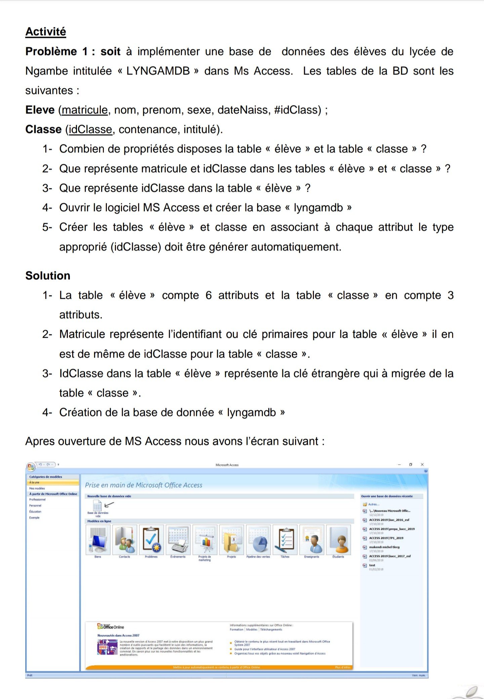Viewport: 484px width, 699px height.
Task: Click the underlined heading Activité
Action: point(46,32)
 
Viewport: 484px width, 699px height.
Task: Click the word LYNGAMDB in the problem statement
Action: point(158,71)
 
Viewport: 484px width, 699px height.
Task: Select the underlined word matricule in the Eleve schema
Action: point(85,110)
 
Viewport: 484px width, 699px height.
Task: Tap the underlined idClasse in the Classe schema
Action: point(90,129)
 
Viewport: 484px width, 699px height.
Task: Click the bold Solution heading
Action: point(48,275)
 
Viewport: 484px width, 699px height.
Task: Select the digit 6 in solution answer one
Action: point(208,295)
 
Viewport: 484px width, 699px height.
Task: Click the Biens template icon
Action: point(98,540)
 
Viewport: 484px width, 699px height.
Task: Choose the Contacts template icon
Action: point(124,540)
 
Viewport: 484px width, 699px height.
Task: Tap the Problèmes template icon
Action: point(151,540)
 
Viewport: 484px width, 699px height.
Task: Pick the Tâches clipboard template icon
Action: point(285,540)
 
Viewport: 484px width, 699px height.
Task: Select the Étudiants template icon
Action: point(338,540)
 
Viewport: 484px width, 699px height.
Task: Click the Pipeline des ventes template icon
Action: point(258,540)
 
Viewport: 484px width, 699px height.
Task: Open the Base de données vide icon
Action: point(97,505)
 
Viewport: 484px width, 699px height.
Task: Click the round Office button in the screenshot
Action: point(31,466)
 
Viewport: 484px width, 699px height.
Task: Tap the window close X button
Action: point(422,465)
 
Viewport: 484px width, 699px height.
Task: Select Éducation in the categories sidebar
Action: point(35,512)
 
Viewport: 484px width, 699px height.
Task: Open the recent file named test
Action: point(372,565)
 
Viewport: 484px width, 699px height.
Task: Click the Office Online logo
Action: point(111,627)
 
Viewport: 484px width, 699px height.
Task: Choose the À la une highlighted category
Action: point(34,482)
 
